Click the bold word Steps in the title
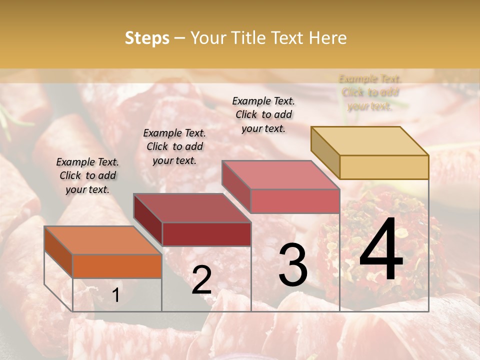146,38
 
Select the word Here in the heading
327,38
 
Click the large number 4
381,249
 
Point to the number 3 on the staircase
292,264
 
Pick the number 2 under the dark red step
201,280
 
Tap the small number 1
116,295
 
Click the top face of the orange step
102,240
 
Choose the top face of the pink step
280,175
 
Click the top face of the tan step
369,141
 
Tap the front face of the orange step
117,266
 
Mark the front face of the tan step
384,167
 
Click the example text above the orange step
87,175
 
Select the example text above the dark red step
174,146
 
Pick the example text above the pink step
263,114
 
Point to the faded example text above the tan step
370,92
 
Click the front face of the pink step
295,201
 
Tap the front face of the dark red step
206,234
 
